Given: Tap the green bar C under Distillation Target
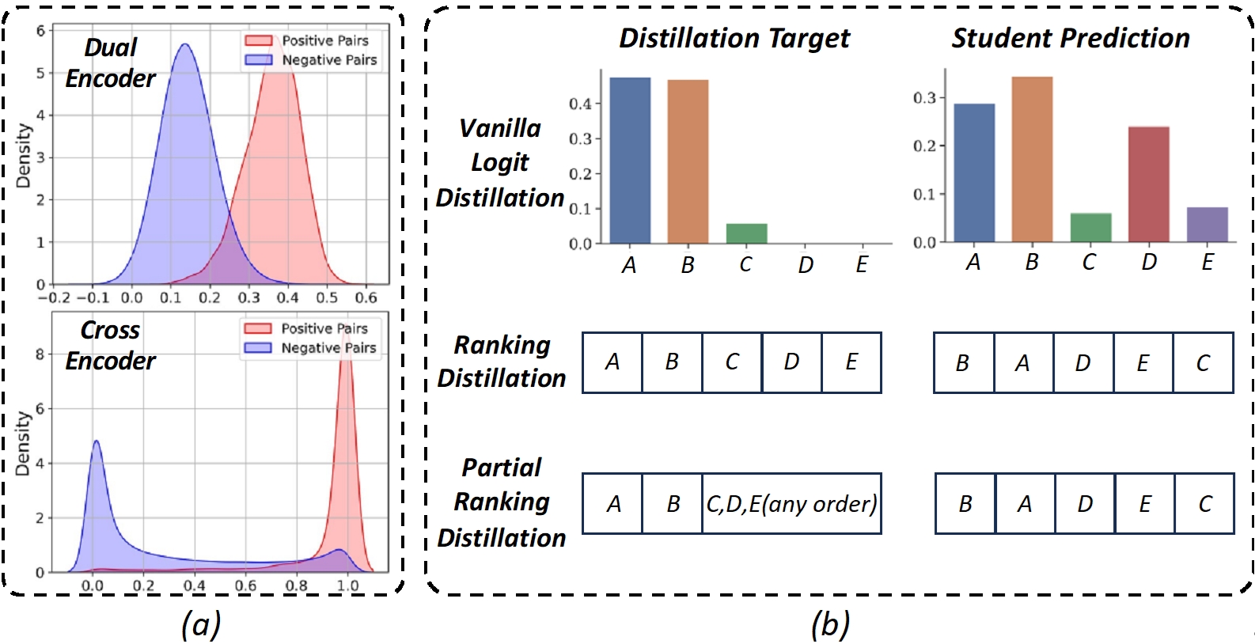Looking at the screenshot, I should (x=746, y=233).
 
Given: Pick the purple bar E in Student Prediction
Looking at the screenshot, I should (x=1207, y=225).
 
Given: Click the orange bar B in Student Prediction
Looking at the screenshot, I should (x=1032, y=159).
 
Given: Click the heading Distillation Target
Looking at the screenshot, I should (x=734, y=38).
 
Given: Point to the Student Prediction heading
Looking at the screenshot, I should (x=1070, y=38).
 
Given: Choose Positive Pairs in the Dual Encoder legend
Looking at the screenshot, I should (x=324, y=40).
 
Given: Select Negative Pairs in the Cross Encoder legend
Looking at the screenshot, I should (x=328, y=348).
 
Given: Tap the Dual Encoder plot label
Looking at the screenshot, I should (x=110, y=63).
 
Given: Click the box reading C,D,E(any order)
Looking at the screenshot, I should (x=791, y=504).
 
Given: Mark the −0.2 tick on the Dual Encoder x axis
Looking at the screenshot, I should (x=54, y=298).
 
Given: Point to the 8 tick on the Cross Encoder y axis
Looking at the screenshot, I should (x=40, y=354).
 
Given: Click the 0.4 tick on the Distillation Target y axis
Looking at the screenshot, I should (x=580, y=104).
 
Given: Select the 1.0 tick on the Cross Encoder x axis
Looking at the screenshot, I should (x=348, y=586).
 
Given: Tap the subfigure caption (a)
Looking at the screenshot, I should (x=200, y=624).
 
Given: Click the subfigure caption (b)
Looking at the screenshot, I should (x=830, y=624).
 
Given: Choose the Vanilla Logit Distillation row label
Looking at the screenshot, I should (x=500, y=163).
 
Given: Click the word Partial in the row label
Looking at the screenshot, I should (x=502, y=468).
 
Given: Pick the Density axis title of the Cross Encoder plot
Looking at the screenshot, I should (x=23, y=443).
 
